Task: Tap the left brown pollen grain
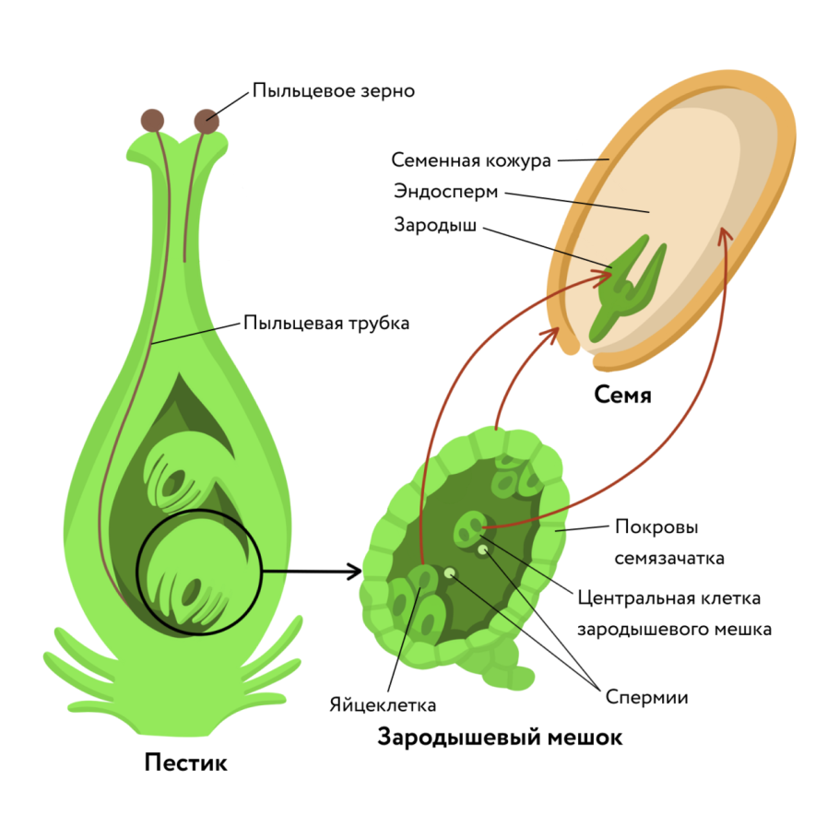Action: (x=151, y=120)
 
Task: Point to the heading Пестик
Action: (x=185, y=763)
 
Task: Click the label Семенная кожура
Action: (x=471, y=160)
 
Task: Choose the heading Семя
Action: (x=623, y=396)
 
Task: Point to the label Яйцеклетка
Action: (x=383, y=705)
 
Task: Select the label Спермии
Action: (x=647, y=697)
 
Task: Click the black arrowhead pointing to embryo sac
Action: (x=352, y=572)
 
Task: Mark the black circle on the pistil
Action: (x=138, y=572)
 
